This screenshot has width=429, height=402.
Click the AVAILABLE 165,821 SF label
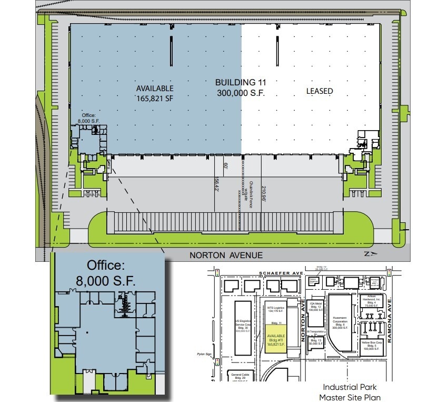[154, 93]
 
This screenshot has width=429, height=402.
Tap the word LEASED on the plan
[320, 91]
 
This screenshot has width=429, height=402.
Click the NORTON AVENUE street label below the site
[226, 256]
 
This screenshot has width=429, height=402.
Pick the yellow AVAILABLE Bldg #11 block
[276, 340]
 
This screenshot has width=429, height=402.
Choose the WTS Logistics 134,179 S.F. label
[276, 309]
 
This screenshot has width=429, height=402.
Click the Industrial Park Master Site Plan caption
[350, 393]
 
